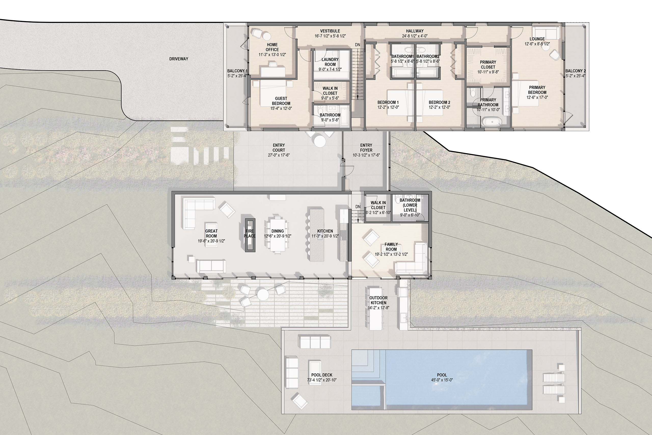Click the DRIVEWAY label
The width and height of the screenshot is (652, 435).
[179, 59]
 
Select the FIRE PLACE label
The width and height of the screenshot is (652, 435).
[250, 233]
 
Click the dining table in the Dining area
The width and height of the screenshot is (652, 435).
[278, 235]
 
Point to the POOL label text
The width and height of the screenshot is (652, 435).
[442, 375]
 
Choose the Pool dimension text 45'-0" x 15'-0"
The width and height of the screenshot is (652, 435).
[442, 380]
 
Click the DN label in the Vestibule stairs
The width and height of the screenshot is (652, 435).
[358, 45]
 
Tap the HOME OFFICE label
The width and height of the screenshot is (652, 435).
[272, 47]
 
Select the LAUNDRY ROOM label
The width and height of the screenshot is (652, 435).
[330, 62]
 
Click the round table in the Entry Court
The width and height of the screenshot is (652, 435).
[320, 140]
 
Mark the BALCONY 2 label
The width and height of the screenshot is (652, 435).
[576, 71]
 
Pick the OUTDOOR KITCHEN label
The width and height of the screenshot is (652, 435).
[378, 300]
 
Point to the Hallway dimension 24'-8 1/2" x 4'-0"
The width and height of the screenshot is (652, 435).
[415, 36]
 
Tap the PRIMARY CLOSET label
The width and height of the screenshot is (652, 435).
[488, 65]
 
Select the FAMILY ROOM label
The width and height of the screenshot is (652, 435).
[391, 247]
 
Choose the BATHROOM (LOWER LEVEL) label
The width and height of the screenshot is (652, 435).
[410, 205]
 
